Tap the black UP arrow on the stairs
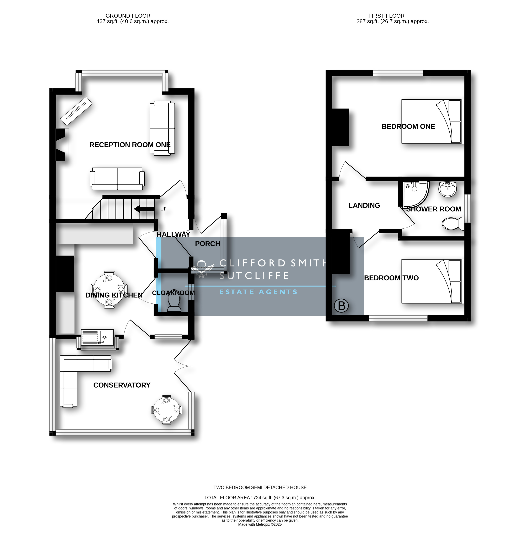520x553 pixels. point(144,209)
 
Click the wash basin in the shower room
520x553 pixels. point(448,189)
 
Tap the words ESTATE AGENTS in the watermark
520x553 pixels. point(258,292)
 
